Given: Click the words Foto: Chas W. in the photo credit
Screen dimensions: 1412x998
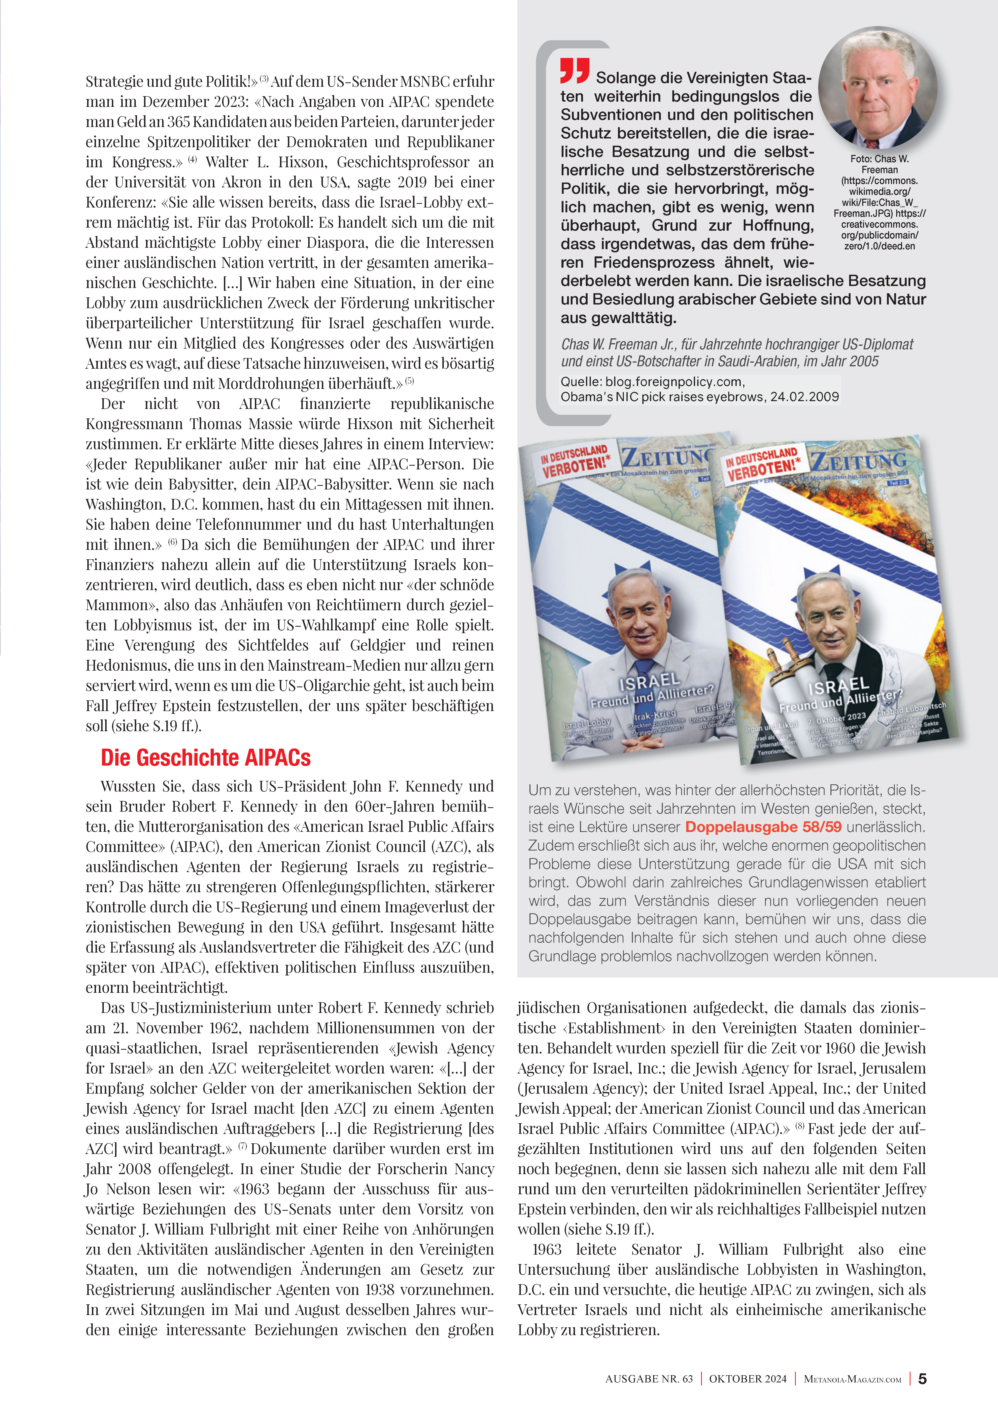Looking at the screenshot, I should pos(879,159).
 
